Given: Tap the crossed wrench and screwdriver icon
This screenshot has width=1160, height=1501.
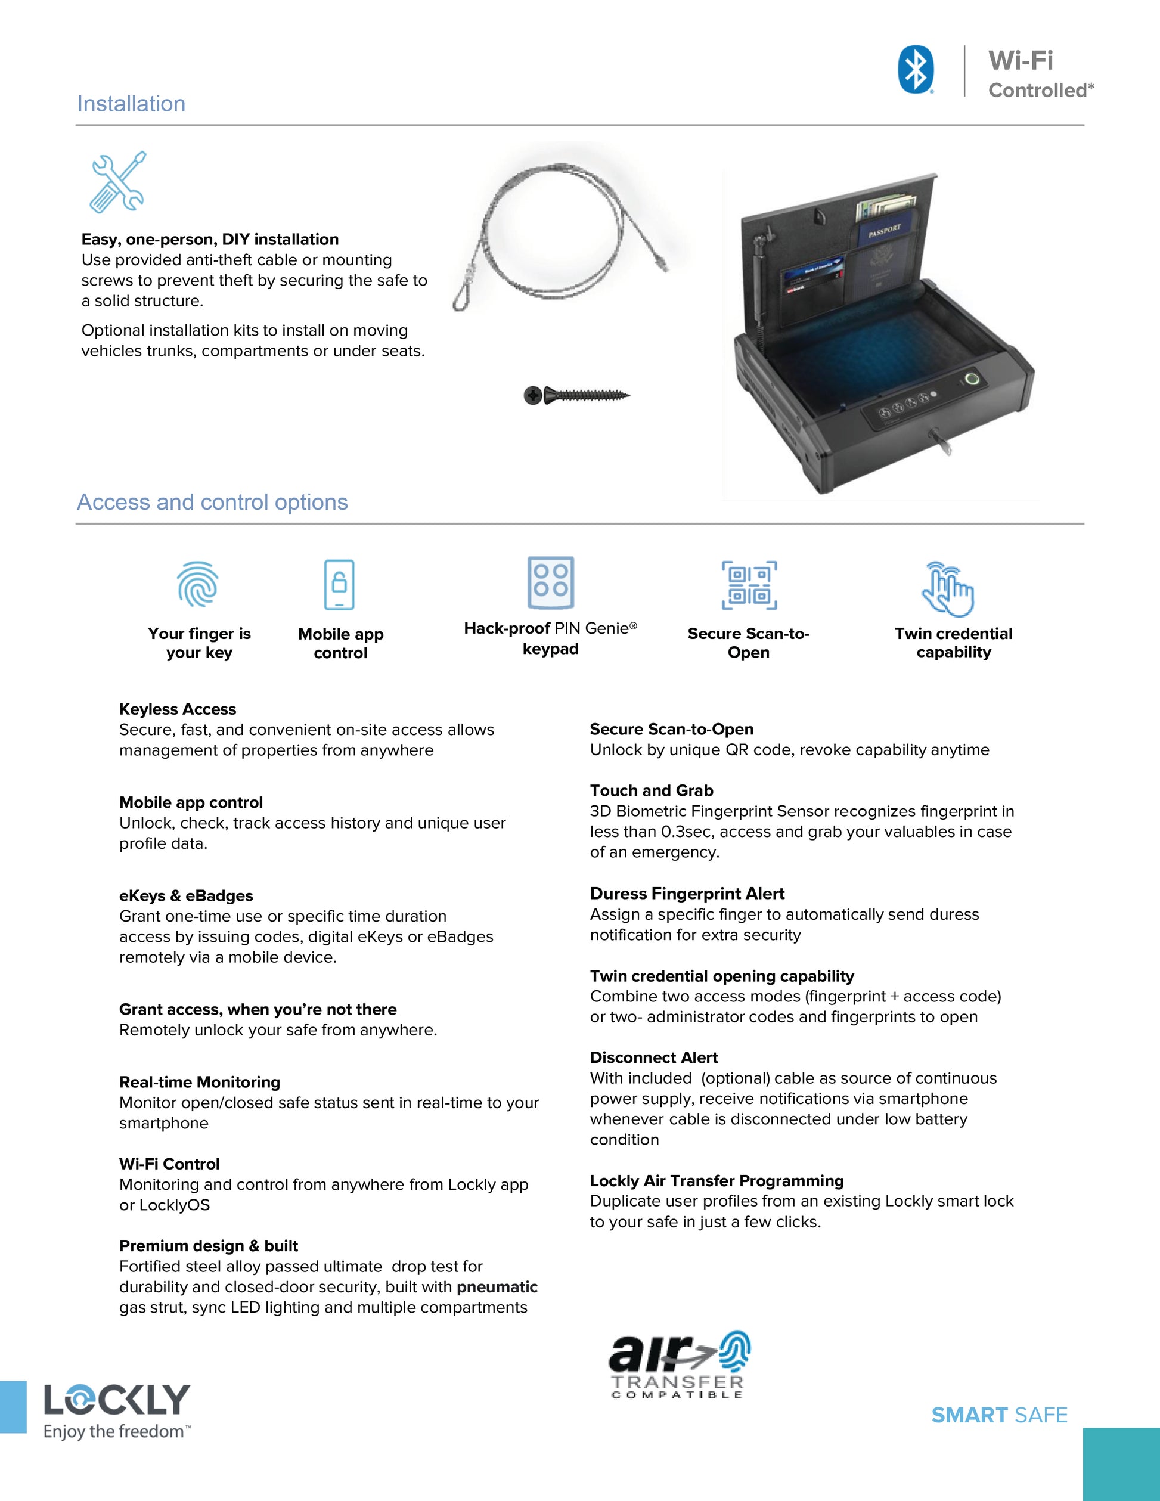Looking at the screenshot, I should [118, 181].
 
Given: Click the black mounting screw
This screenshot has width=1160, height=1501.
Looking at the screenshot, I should [576, 395].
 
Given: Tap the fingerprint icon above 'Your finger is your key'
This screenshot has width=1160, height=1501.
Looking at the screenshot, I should [198, 584].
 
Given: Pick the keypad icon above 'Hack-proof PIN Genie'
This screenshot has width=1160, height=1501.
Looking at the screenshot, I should [550, 582].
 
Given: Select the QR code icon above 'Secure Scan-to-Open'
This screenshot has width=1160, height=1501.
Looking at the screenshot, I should [749, 585].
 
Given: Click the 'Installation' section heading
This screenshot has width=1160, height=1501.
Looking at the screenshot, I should [131, 104].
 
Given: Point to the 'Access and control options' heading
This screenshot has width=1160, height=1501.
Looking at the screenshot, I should [212, 503].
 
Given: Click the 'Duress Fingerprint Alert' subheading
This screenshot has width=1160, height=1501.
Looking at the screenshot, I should [687, 894].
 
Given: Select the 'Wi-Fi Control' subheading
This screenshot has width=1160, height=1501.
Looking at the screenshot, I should [169, 1164].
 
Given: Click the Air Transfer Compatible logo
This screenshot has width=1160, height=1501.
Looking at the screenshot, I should [678, 1365].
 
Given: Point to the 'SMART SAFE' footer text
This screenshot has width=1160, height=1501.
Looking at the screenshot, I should [999, 1415].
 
